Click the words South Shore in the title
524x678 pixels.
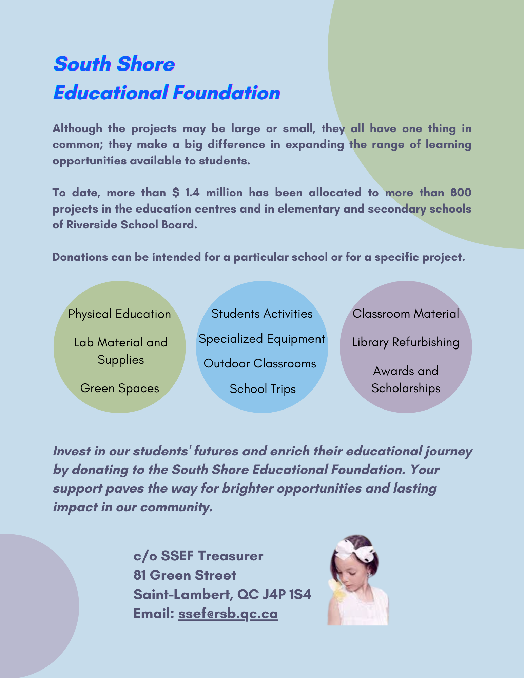click(x=114, y=64)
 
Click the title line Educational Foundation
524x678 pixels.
click(x=167, y=93)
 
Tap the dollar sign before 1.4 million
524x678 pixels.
click(x=175, y=193)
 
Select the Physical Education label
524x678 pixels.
click(x=119, y=314)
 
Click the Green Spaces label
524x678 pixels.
click(x=119, y=388)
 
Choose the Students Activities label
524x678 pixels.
click(x=262, y=314)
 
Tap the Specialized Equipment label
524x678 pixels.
click(x=262, y=339)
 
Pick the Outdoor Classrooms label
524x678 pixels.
click(x=260, y=363)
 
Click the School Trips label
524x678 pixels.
click(x=263, y=389)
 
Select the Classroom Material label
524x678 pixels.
click(x=406, y=314)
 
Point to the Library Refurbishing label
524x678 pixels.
click(x=406, y=342)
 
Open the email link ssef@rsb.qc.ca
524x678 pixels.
click(x=228, y=614)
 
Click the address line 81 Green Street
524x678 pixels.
click(x=185, y=575)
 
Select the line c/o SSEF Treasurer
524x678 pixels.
click(x=198, y=556)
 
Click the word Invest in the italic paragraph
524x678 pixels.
click(x=72, y=451)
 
